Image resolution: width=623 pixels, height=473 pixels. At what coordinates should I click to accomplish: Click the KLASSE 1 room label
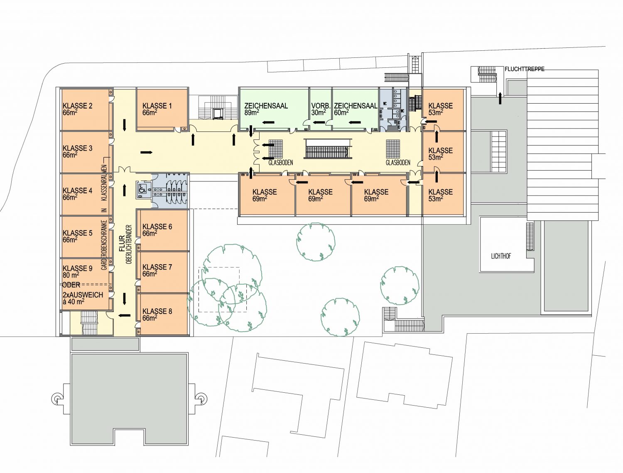(157, 109)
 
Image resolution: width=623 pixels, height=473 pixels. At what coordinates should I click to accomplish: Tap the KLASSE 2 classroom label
(78, 109)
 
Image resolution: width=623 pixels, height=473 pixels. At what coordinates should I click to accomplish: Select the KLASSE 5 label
(78, 236)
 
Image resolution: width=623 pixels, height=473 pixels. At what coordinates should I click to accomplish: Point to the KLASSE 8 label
(157, 315)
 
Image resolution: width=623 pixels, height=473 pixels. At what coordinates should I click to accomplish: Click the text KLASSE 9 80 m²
(78, 272)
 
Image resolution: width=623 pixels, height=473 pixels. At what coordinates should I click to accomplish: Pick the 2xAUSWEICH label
(83, 295)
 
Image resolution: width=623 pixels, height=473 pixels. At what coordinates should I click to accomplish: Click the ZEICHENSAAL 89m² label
(266, 109)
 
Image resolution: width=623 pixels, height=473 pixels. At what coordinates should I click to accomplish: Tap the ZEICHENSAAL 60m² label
(356, 109)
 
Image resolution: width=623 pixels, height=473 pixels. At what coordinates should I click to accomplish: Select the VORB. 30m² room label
(321, 109)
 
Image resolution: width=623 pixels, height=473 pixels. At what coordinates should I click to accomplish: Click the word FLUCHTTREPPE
(525, 69)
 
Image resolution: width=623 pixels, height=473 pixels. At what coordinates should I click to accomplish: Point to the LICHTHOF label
(501, 256)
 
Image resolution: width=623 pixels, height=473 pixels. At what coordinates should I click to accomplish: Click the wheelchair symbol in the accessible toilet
(142, 188)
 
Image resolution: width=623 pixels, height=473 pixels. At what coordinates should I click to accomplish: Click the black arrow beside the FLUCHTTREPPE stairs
(500, 98)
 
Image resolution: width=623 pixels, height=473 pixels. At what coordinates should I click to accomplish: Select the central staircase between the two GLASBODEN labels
(327, 149)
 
